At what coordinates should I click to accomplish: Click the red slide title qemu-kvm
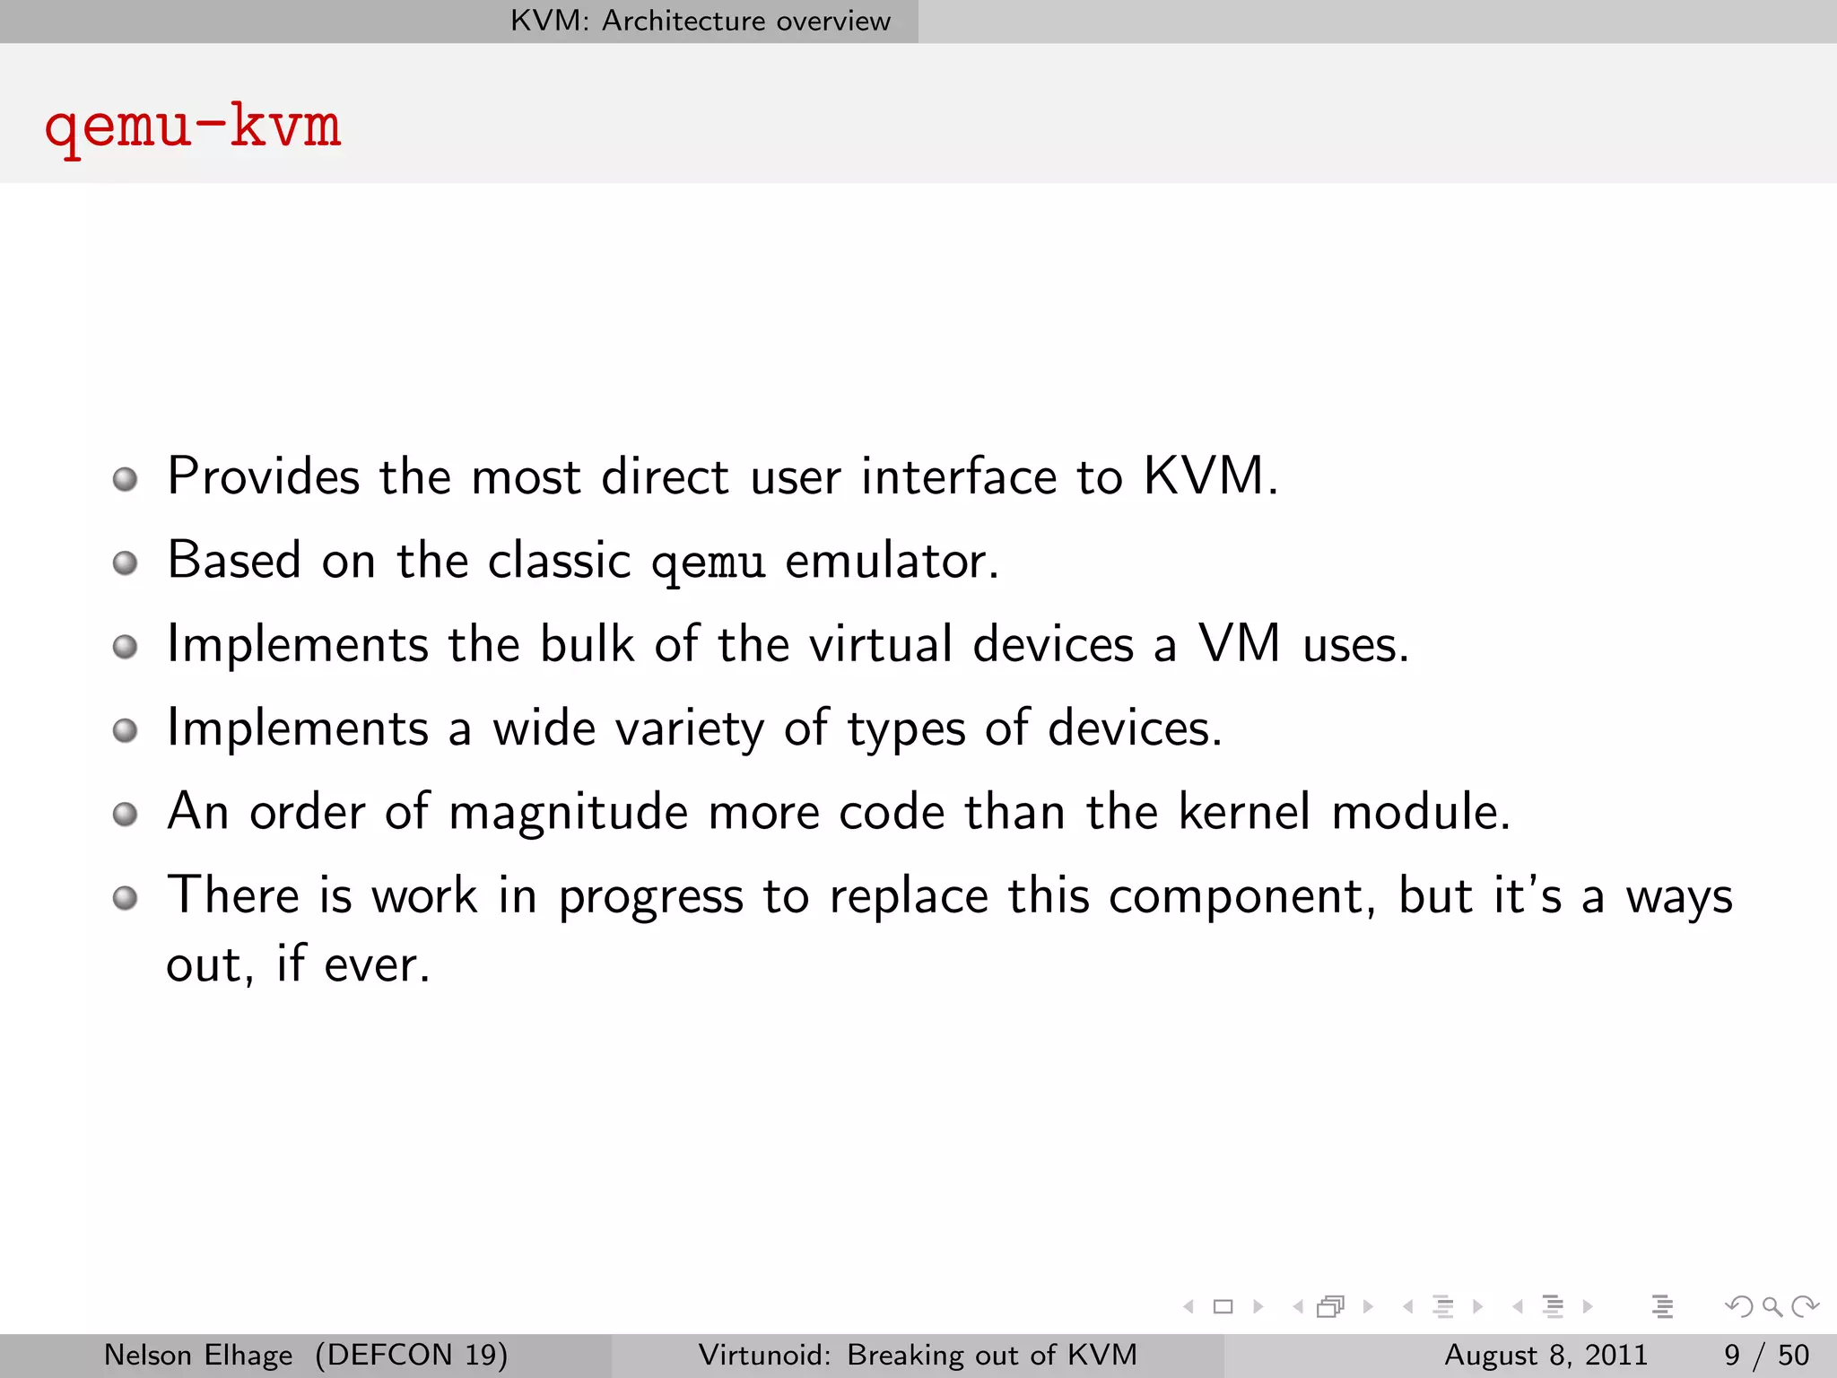coord(193,126)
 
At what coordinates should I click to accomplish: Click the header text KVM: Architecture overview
coord(700,21)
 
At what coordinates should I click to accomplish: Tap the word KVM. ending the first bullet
coord(1210,476)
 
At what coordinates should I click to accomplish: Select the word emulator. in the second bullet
coord(892,562)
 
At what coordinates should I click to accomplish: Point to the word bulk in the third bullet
coord(587,644)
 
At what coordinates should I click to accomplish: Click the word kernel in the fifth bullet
coord(1243,812)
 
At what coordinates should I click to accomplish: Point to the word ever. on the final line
coord(377,966)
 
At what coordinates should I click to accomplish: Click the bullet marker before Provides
coord(126,480)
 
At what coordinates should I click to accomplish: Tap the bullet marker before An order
coord(126,815)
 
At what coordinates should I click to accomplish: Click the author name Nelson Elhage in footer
coord(198,1355)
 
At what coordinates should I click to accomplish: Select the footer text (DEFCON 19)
coord(411,1355)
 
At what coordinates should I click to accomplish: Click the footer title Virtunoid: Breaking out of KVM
coord(918,1355)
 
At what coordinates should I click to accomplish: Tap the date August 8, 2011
coord(1545,1355)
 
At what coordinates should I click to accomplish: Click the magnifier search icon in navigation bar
coord(1771,1306)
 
